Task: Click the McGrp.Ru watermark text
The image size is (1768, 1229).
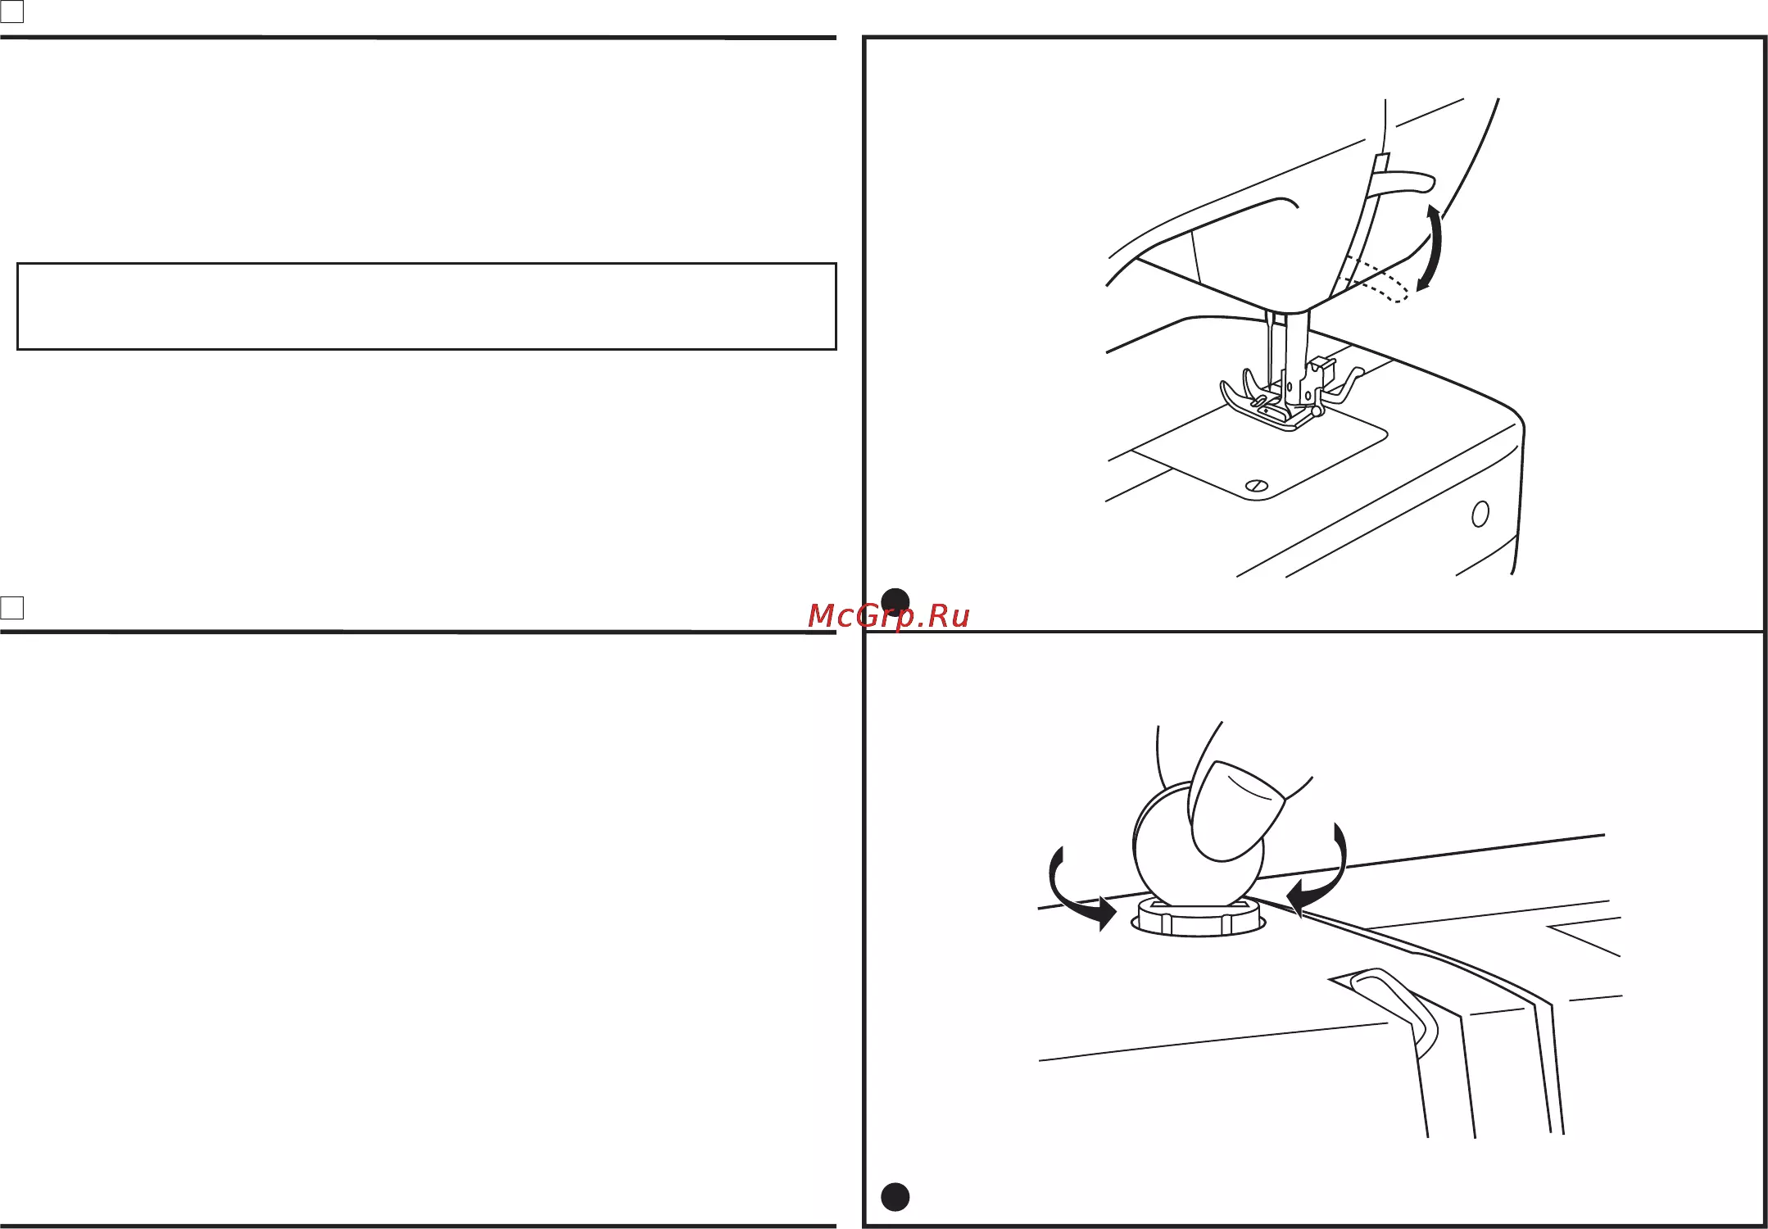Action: click(888, 616)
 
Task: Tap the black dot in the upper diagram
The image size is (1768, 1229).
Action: click(895, 602)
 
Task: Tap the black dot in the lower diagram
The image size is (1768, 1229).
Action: click(895, 1197)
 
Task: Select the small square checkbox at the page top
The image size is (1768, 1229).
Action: click(12, 11)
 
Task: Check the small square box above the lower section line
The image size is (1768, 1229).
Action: click(12, 607)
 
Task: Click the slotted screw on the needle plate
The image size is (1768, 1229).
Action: click(1257, 486)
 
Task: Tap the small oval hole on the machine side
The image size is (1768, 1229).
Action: click(1480, 514)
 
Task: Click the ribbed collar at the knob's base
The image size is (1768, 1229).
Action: click(1198, 918)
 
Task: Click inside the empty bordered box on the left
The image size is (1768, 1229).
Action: click(426, 306)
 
